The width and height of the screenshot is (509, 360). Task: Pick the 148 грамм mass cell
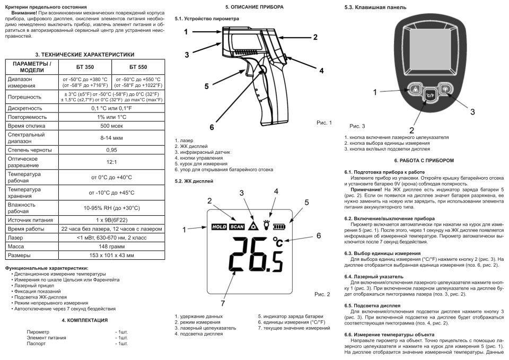111,247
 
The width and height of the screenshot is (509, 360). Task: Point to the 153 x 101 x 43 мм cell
111,256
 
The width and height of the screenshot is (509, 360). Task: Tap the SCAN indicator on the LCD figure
237,226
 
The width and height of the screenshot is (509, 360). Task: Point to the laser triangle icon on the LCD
254,225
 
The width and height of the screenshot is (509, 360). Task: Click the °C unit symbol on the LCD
278,242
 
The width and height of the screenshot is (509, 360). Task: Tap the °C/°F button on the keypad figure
430,95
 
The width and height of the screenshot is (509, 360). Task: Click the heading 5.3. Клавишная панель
375,8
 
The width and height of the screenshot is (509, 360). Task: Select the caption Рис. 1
324,122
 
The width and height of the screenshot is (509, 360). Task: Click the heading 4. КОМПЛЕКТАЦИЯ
85,320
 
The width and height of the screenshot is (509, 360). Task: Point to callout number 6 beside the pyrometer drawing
212,127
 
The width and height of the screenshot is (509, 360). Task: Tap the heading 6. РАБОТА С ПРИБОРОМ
424,160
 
